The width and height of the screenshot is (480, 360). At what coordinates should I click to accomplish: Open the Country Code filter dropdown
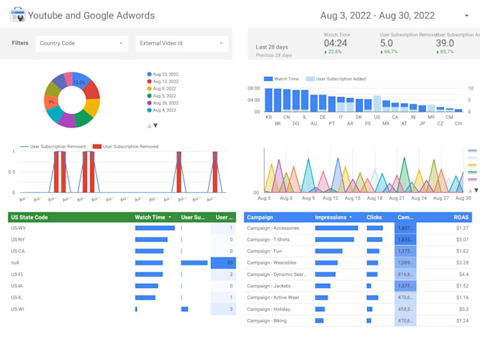coord(82,43)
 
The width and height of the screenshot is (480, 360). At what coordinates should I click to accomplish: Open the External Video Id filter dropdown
coord(182,43)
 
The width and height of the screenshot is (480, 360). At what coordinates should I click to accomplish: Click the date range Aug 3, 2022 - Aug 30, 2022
coord(377,15)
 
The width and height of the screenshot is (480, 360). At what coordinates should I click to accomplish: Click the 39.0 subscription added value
coord(445,43)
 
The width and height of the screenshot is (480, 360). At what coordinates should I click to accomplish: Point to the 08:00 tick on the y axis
coord(254,89)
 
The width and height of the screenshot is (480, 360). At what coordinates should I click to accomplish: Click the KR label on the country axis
coord(268,117)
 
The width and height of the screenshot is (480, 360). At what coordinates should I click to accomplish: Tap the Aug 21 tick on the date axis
coord(397,198)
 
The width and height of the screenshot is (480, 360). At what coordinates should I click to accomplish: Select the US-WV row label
coord(18,228)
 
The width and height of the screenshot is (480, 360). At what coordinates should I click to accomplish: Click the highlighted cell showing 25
coord(224,263)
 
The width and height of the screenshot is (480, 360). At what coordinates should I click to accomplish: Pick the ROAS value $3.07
coord(462,239)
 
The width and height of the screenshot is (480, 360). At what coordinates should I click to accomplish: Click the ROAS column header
coord(462,217)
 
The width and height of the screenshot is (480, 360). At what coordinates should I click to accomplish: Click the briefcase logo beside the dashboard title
coord(17,15)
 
